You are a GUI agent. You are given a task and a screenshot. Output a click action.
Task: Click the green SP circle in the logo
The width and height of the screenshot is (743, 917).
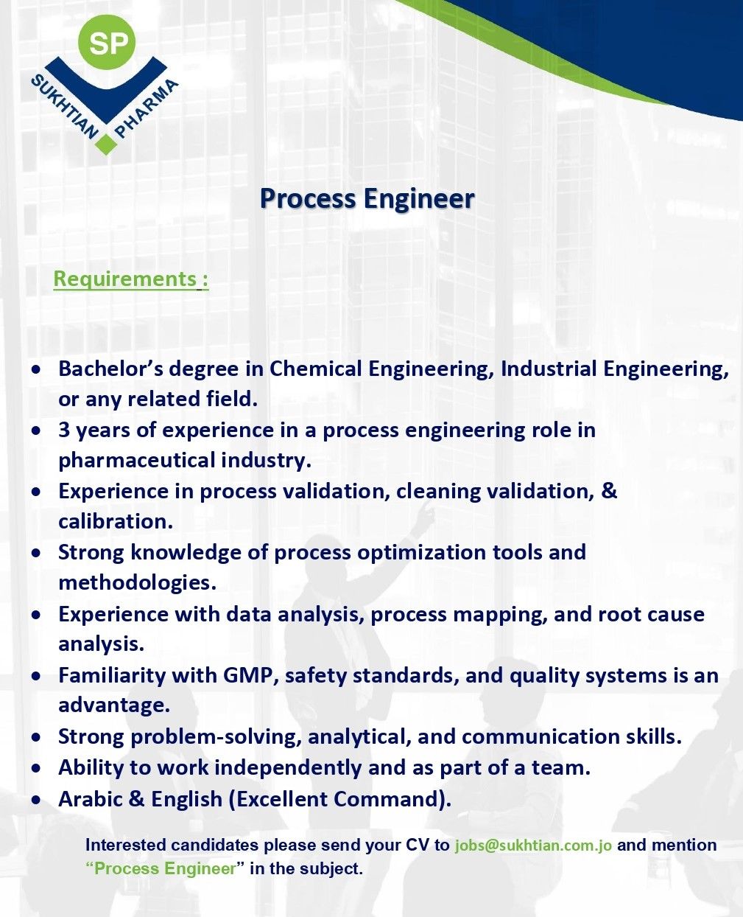[107, 43]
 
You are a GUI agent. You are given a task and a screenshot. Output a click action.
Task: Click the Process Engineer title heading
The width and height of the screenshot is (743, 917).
[367, 199]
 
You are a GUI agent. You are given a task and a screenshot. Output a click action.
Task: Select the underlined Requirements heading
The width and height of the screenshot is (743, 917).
[131, 279]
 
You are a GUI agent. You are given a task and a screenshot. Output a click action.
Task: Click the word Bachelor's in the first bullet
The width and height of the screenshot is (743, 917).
[111, 369]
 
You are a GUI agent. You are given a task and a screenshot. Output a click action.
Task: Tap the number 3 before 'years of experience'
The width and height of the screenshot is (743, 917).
[64, 430]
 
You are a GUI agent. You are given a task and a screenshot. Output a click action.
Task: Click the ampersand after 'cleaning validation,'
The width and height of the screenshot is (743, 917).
[609, 491]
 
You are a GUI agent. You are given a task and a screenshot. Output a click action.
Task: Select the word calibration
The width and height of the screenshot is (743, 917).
[116, 521]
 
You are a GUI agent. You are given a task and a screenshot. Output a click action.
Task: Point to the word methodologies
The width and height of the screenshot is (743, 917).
[137, 583]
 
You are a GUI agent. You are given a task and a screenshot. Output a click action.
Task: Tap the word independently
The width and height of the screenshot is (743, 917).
[288, 768]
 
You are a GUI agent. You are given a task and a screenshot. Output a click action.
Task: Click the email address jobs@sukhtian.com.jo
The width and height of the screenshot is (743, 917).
[533, 845]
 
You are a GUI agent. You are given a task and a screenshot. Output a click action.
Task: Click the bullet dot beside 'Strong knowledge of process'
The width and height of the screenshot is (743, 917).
[37, 553]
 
